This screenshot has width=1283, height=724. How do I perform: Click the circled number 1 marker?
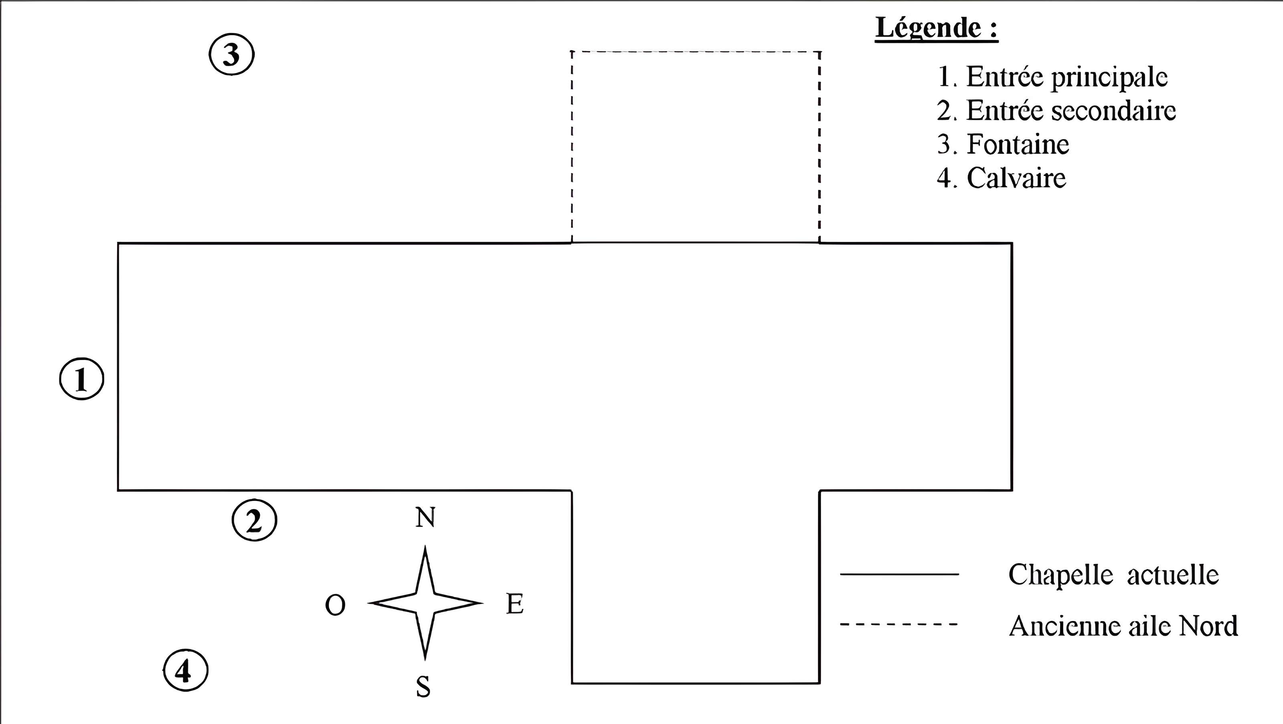coord(82,379)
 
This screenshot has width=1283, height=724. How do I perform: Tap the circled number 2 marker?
coord(254,521)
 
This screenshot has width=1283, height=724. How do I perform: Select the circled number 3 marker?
coord(231,54)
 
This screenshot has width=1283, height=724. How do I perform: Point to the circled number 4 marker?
coord(185,671)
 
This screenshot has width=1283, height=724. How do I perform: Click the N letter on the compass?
coord(425,518)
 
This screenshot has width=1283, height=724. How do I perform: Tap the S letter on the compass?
coord(423,687)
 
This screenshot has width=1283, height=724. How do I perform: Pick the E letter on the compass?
coord(515,604)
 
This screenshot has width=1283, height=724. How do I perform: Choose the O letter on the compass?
coord(335,605)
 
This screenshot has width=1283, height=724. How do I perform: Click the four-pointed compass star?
coord(425,603)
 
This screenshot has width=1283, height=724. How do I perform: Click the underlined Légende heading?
coord(936,28)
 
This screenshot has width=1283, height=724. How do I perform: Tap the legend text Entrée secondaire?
coord(1056,111)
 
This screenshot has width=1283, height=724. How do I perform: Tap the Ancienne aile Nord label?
coord(1123,625)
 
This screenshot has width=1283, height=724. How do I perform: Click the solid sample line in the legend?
coord(899,574)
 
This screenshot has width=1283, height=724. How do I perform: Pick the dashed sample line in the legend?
coord(899,624)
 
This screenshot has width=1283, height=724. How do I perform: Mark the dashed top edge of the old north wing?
coord(695,51)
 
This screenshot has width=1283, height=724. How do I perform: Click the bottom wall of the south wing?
coord(695,683)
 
